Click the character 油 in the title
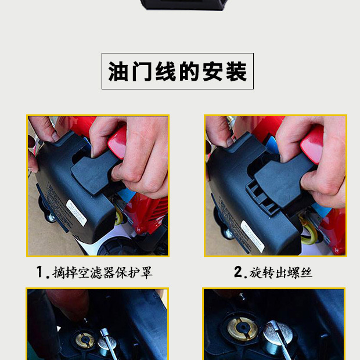tap(118, 71)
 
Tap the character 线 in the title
tap(165, 71)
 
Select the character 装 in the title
tap(236, 71)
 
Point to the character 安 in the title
tap(213, 71)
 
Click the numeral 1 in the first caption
tap(40, 272)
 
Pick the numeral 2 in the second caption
tap(238, 272)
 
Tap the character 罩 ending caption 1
tap(146, 273)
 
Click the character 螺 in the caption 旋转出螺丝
tap(293, 273)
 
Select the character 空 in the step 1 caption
tap(84, 273)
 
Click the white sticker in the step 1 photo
tap(76, 213)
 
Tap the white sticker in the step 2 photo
tap(253, 236)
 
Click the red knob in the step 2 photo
tap(312, 145)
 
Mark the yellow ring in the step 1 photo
tap(119, 216)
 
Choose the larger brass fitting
tap(242, 329)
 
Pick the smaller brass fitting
tap(85, 340)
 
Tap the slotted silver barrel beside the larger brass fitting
tap(278, 336)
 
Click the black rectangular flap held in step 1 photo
tap(94, 172)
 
